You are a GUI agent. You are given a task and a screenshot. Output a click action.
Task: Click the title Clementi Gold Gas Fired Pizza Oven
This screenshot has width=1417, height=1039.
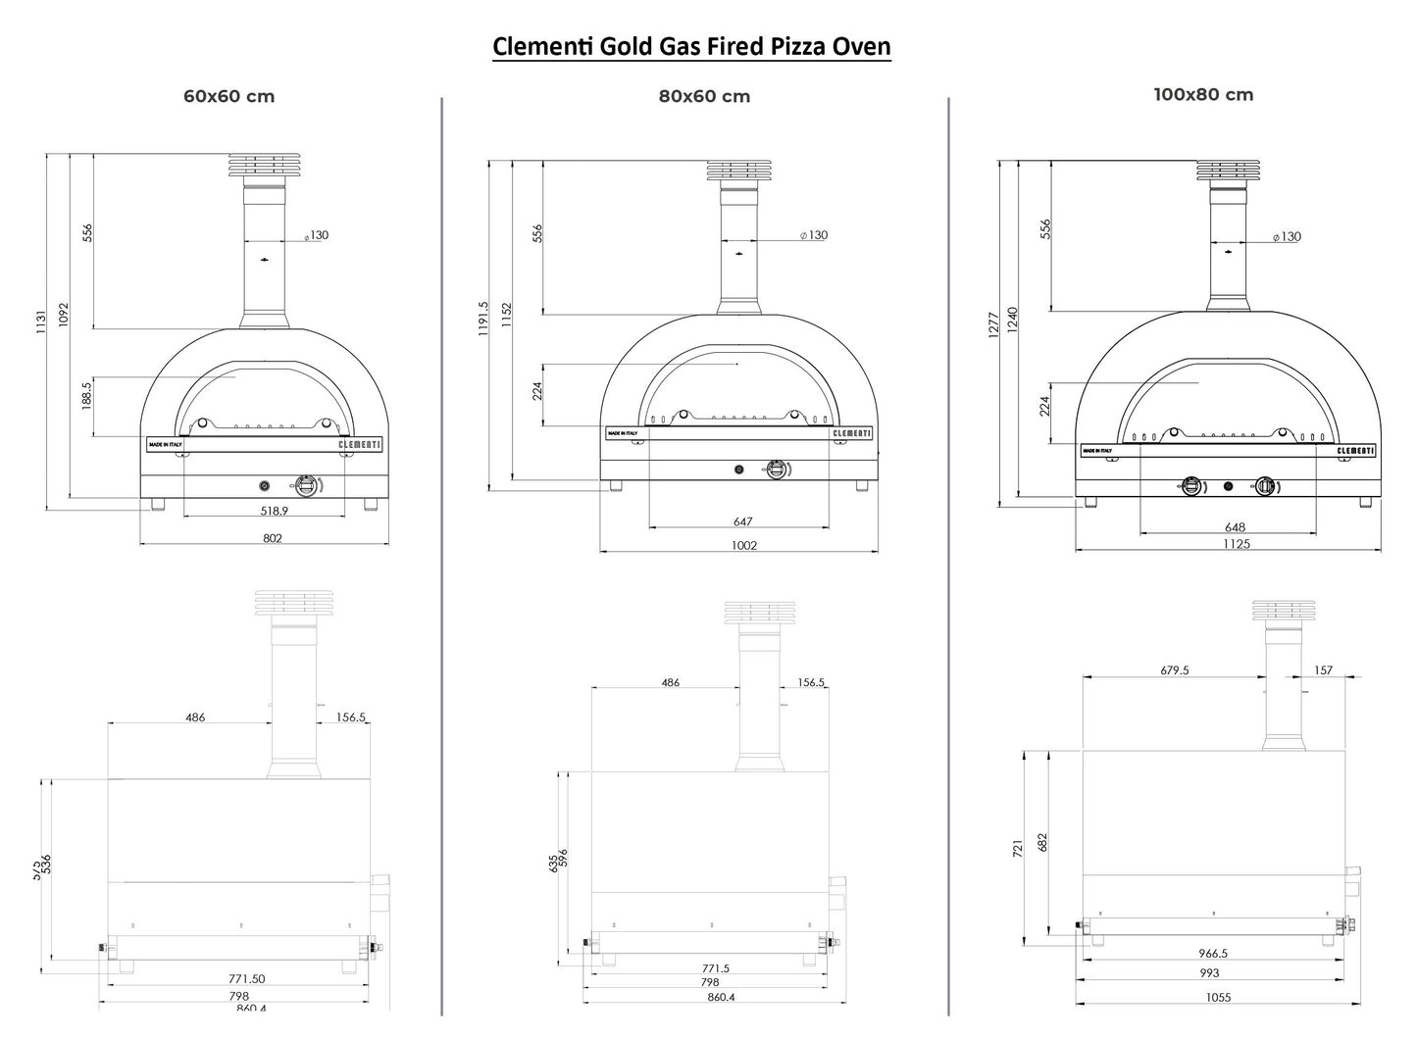coord(691,46)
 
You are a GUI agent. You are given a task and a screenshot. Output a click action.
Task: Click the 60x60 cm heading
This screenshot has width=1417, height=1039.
coord(228,96)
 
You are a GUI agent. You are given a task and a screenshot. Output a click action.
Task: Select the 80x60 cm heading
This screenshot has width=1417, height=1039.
coord(704,96)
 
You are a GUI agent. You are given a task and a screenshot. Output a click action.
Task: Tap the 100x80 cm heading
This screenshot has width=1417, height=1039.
coord(1203,95)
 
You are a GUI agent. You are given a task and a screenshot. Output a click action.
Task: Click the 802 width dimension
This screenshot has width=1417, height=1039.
coord(273,537)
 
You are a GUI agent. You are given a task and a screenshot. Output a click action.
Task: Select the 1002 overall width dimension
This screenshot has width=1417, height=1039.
coord(744,546)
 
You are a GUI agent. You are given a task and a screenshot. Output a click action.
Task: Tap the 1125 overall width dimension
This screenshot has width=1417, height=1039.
coord(1237,544)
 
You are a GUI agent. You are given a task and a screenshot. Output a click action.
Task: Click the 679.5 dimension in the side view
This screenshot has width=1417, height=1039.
coord(1174,670)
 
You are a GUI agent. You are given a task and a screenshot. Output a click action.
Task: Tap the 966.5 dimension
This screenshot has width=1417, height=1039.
coord(1213,953)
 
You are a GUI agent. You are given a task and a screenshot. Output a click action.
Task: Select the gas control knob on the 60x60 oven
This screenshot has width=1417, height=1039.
coord(307,484)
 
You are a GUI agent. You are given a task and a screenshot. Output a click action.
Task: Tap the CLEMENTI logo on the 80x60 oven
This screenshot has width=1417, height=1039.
coord(851,433)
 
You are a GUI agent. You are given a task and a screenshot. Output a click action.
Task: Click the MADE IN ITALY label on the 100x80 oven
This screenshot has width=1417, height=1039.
coord(1096,451)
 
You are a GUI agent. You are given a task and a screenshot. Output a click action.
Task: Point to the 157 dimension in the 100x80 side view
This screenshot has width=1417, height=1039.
coord(1323,670)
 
